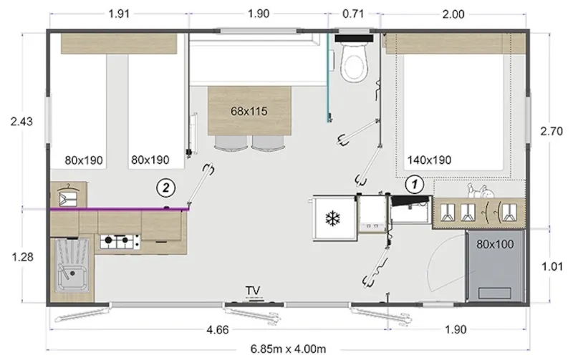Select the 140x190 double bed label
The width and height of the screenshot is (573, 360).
click(429, 160)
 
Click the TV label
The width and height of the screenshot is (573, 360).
click(252, 290)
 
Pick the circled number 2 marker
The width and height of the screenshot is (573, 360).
click(165, 188)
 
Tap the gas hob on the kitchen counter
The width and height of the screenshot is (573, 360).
click(117, 241)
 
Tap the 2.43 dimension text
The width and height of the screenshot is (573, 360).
click(22, 121)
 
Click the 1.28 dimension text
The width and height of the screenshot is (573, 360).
click(22, 255)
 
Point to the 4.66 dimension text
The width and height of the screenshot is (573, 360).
click(218, 330)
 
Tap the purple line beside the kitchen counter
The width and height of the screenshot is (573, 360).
click(118, 210)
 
